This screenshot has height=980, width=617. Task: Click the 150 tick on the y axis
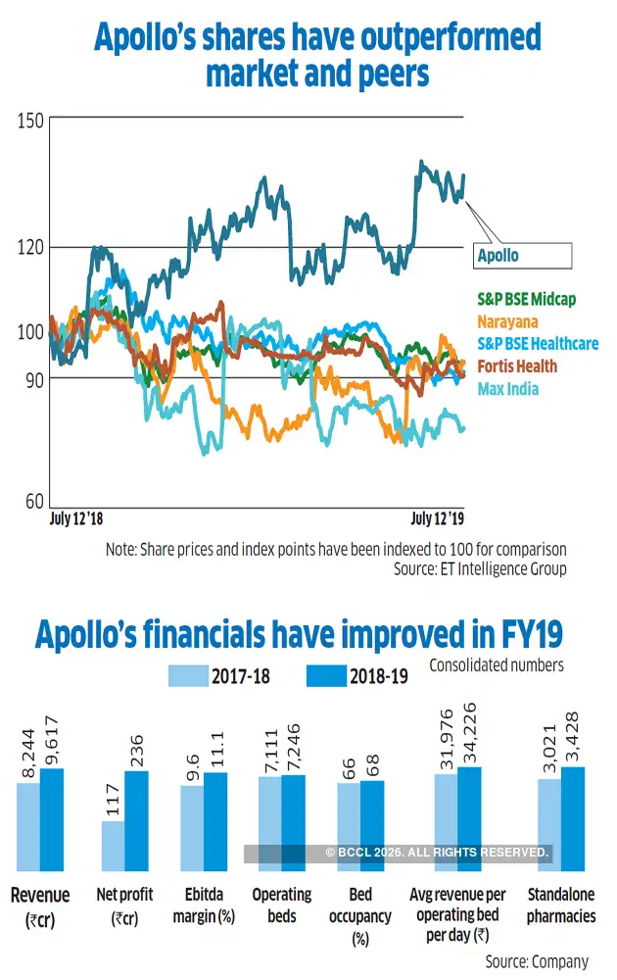[29, 121]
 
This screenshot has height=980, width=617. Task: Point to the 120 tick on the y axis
[29, 247]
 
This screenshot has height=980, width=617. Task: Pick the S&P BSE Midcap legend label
[527, 299]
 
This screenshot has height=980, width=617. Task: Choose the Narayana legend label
[507, 321]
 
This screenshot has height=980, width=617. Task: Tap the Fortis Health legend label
[517, 367]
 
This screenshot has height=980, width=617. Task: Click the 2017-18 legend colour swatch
[201, 676]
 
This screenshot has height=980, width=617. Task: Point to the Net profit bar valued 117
[114, 846]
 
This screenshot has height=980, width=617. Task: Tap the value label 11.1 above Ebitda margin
[216, 750]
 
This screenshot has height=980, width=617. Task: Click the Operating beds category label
[281, 905]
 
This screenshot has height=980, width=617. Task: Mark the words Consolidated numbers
[496, 665]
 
